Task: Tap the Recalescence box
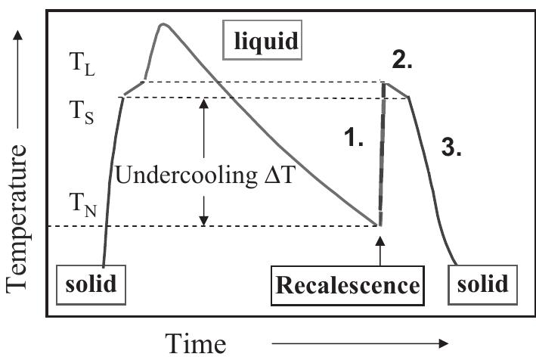[x=347, y=284]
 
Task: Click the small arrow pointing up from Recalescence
[x=380, y=250]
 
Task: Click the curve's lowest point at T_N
[x=377, y=225]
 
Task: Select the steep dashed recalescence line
[x=381, y=151]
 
